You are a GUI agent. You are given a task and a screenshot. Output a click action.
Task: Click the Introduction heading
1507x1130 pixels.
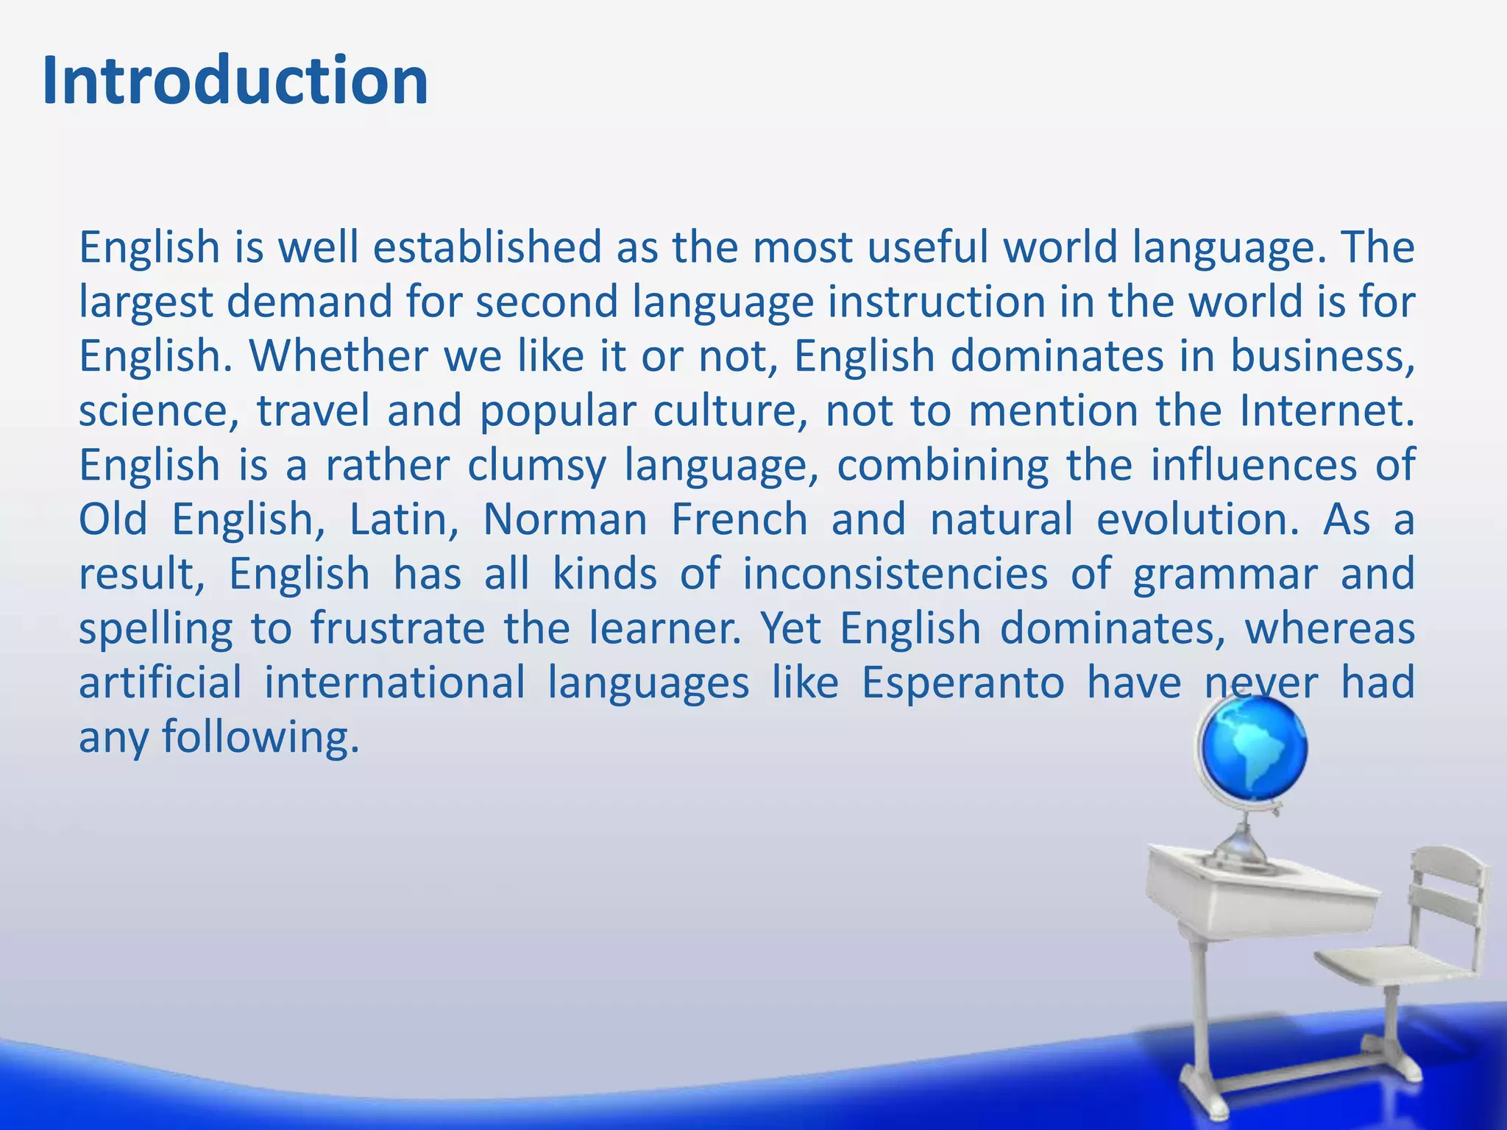(235, 81)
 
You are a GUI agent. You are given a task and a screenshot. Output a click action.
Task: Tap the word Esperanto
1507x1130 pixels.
(962, 683)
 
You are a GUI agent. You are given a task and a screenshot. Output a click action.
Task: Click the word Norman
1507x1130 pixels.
(565, 519)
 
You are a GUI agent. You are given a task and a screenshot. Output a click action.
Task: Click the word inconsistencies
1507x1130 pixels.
(895, 574)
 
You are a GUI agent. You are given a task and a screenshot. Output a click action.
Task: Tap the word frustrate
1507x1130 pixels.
(397, 629)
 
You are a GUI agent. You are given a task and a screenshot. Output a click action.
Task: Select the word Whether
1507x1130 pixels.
(338, 357)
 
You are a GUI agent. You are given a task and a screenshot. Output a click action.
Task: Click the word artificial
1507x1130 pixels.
(160, 683)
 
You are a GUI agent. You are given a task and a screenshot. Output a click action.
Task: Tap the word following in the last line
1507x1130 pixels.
(260, 737)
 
